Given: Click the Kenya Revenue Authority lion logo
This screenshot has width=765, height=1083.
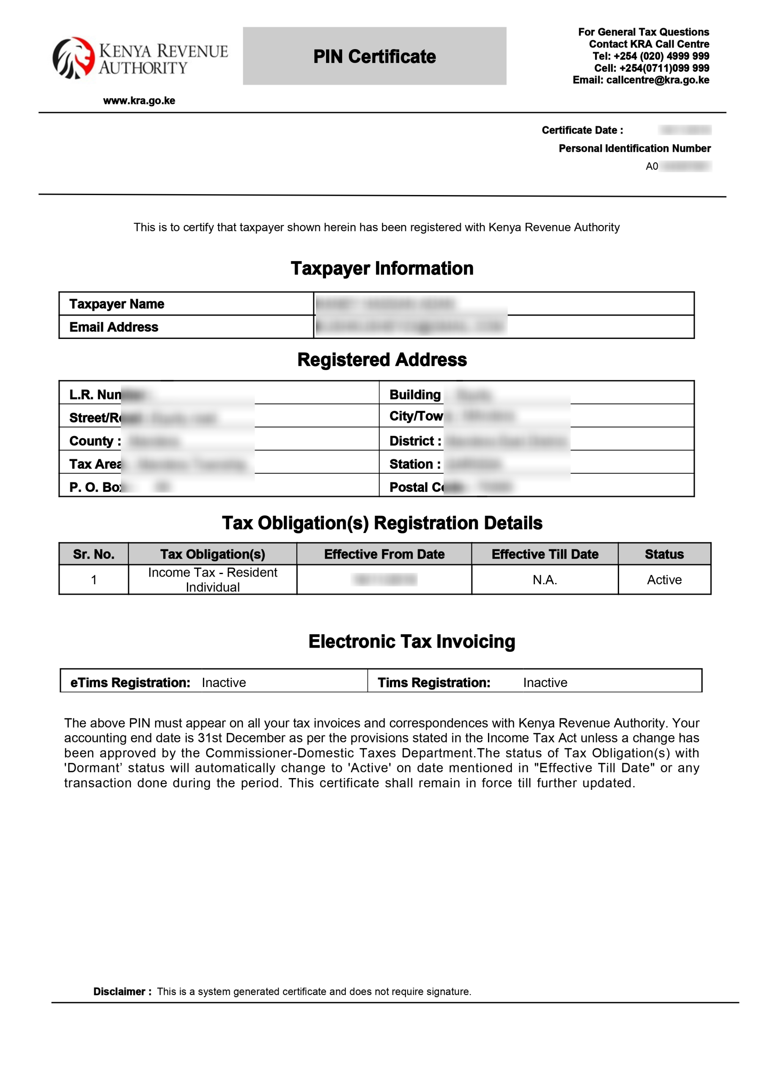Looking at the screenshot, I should tap(74, 58).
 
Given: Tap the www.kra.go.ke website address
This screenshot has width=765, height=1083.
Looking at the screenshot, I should tap(139, 100).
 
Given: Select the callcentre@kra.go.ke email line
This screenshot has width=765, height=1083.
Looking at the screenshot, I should tap(641, 80).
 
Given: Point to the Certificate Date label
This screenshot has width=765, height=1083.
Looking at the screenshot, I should tap(582, 130).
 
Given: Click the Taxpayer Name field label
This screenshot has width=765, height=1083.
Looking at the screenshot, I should tap(116, 304).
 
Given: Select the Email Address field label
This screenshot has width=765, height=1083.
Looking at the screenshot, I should tap(114, 327).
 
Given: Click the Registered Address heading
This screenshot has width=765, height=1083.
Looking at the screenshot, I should tap(381, 360).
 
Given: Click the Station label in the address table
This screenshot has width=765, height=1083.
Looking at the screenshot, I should tap(414, 464).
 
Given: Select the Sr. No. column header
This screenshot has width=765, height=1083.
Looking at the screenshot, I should tap(93, 554).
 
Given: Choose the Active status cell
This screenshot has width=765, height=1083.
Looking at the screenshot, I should tap(664, 579).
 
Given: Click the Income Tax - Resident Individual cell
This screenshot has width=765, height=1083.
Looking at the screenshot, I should tap(212, 579).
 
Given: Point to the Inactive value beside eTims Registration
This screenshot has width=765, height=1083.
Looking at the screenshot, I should tap(224, 682).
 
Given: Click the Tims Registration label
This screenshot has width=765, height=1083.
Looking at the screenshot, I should tap(433, 682).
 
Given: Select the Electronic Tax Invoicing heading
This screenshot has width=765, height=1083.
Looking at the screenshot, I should tap(411, 641).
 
